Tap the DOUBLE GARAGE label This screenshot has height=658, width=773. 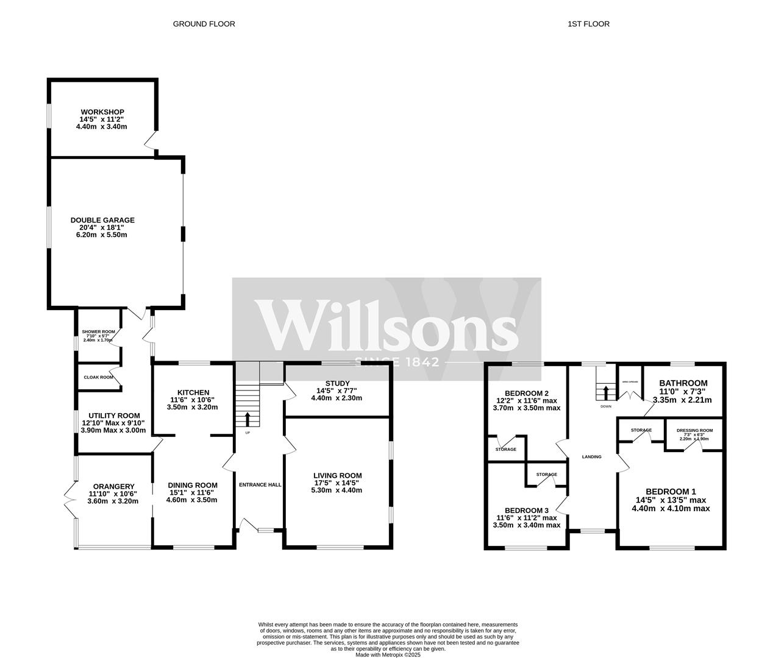point(102,220)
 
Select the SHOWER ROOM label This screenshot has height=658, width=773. point(98,331)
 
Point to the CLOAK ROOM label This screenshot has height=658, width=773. point(99,377)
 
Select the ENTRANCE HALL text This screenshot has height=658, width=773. point(260,485)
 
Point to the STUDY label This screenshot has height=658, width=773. point(337,383)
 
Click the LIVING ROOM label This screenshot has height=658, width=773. point(337,475)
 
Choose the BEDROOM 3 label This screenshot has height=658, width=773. point(526,511)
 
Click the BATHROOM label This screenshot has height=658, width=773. point(683,383)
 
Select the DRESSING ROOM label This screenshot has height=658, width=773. point(694,430)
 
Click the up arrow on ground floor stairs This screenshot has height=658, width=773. point(248,419)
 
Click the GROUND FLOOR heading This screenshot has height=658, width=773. point(204,24)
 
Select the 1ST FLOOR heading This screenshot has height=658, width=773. point(588,24)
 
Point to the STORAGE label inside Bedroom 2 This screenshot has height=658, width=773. point(506,449)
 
